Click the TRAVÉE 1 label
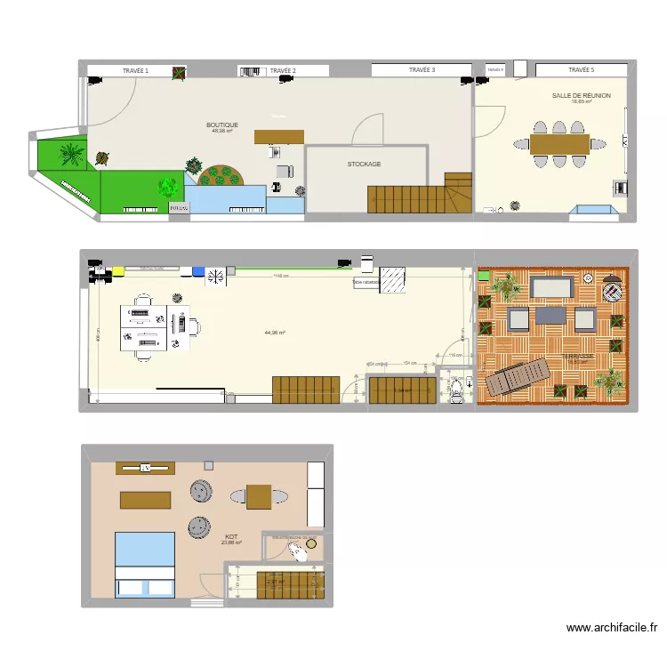click(135, 70)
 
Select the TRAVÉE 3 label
click(422, 69)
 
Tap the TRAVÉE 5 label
click(581, 69)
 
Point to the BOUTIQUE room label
click(222, 125)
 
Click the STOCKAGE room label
click(364, 165)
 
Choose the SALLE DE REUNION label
click(581, 95)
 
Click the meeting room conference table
click(559, 143)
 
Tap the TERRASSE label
click(578, 357)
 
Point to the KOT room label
click(231, 537)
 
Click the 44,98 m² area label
click(275, 333)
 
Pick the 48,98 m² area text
click(222, 132)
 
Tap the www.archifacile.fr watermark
click(612, 628)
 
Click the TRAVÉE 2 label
click(283, 70)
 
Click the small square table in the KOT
click(259, 496)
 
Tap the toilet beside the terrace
click(456, 387)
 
